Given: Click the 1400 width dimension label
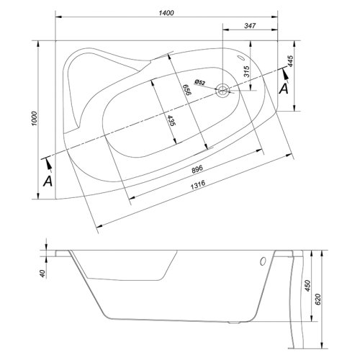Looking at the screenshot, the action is pos(166,13).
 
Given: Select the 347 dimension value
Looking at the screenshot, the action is pos(250,26).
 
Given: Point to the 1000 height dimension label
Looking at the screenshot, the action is pos(35,119).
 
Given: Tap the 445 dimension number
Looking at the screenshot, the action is pos(290,61).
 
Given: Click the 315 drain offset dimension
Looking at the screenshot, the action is pos(247,71).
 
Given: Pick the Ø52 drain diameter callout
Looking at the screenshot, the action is pos(200,82).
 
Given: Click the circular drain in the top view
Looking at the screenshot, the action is pos(222,91).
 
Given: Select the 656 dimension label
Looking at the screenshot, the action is pos(186,90).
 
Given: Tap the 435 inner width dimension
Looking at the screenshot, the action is pos(171,121).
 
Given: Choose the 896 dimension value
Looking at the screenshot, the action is pos(197,168).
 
